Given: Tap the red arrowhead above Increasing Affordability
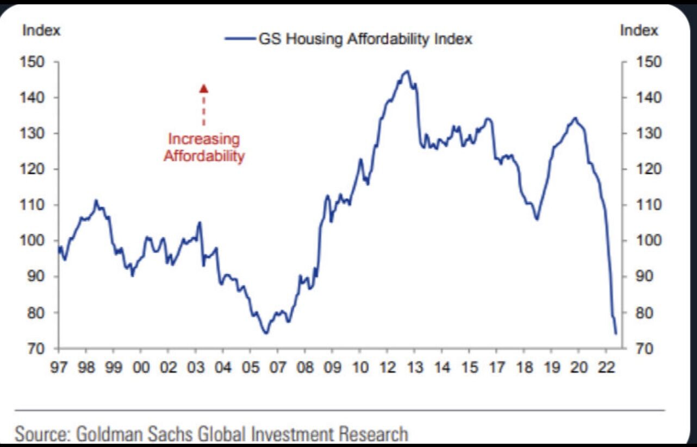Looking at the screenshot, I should click(x=203, y=88).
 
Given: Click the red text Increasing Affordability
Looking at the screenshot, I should click(x=204, y=148).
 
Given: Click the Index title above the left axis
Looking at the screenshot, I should click(x=41, y=31).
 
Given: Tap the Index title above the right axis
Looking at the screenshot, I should click(x=639, y=31).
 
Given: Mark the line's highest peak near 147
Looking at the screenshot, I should click(x=407, y=71).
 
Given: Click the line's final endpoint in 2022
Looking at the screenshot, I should click(x=615, y=333).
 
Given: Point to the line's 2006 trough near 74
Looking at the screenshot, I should click(x=266, y=333).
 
